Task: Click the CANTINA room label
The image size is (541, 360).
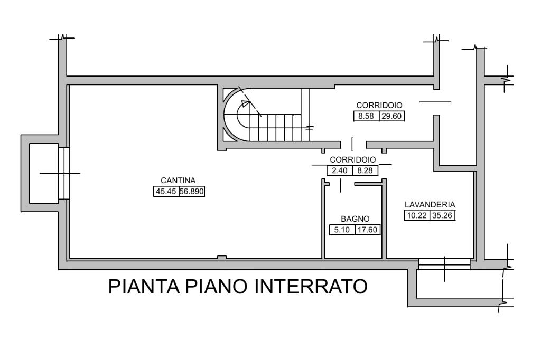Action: coord(179,180)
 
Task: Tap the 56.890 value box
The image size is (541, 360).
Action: coord(192,192)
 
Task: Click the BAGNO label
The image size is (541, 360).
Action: coord(355,219)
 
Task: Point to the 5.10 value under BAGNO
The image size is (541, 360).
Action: coord(341,230)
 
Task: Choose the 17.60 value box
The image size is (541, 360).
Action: coord(368,230)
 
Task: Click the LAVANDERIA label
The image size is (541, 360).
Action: coord(430,204)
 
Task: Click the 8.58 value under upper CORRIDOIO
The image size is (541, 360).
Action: coord(366,117)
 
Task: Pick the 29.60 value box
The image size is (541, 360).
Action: coord(391,117)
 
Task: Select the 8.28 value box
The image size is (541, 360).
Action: coord(365,170)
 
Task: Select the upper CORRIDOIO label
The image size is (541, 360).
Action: coord(379,106)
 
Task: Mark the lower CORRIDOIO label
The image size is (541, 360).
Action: coord(352,159)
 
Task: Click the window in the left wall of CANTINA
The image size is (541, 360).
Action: coord(63,173)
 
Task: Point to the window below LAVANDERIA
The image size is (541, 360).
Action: coord(444,263)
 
